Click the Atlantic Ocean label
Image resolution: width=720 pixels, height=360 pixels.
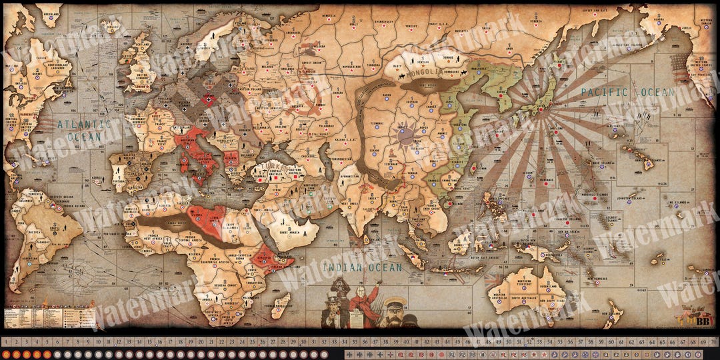coord(83,130)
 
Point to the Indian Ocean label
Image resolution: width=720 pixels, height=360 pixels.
coord(362,267)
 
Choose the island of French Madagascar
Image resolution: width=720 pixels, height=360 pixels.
coord(281,305)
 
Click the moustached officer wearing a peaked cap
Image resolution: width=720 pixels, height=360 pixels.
coord(394,313)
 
